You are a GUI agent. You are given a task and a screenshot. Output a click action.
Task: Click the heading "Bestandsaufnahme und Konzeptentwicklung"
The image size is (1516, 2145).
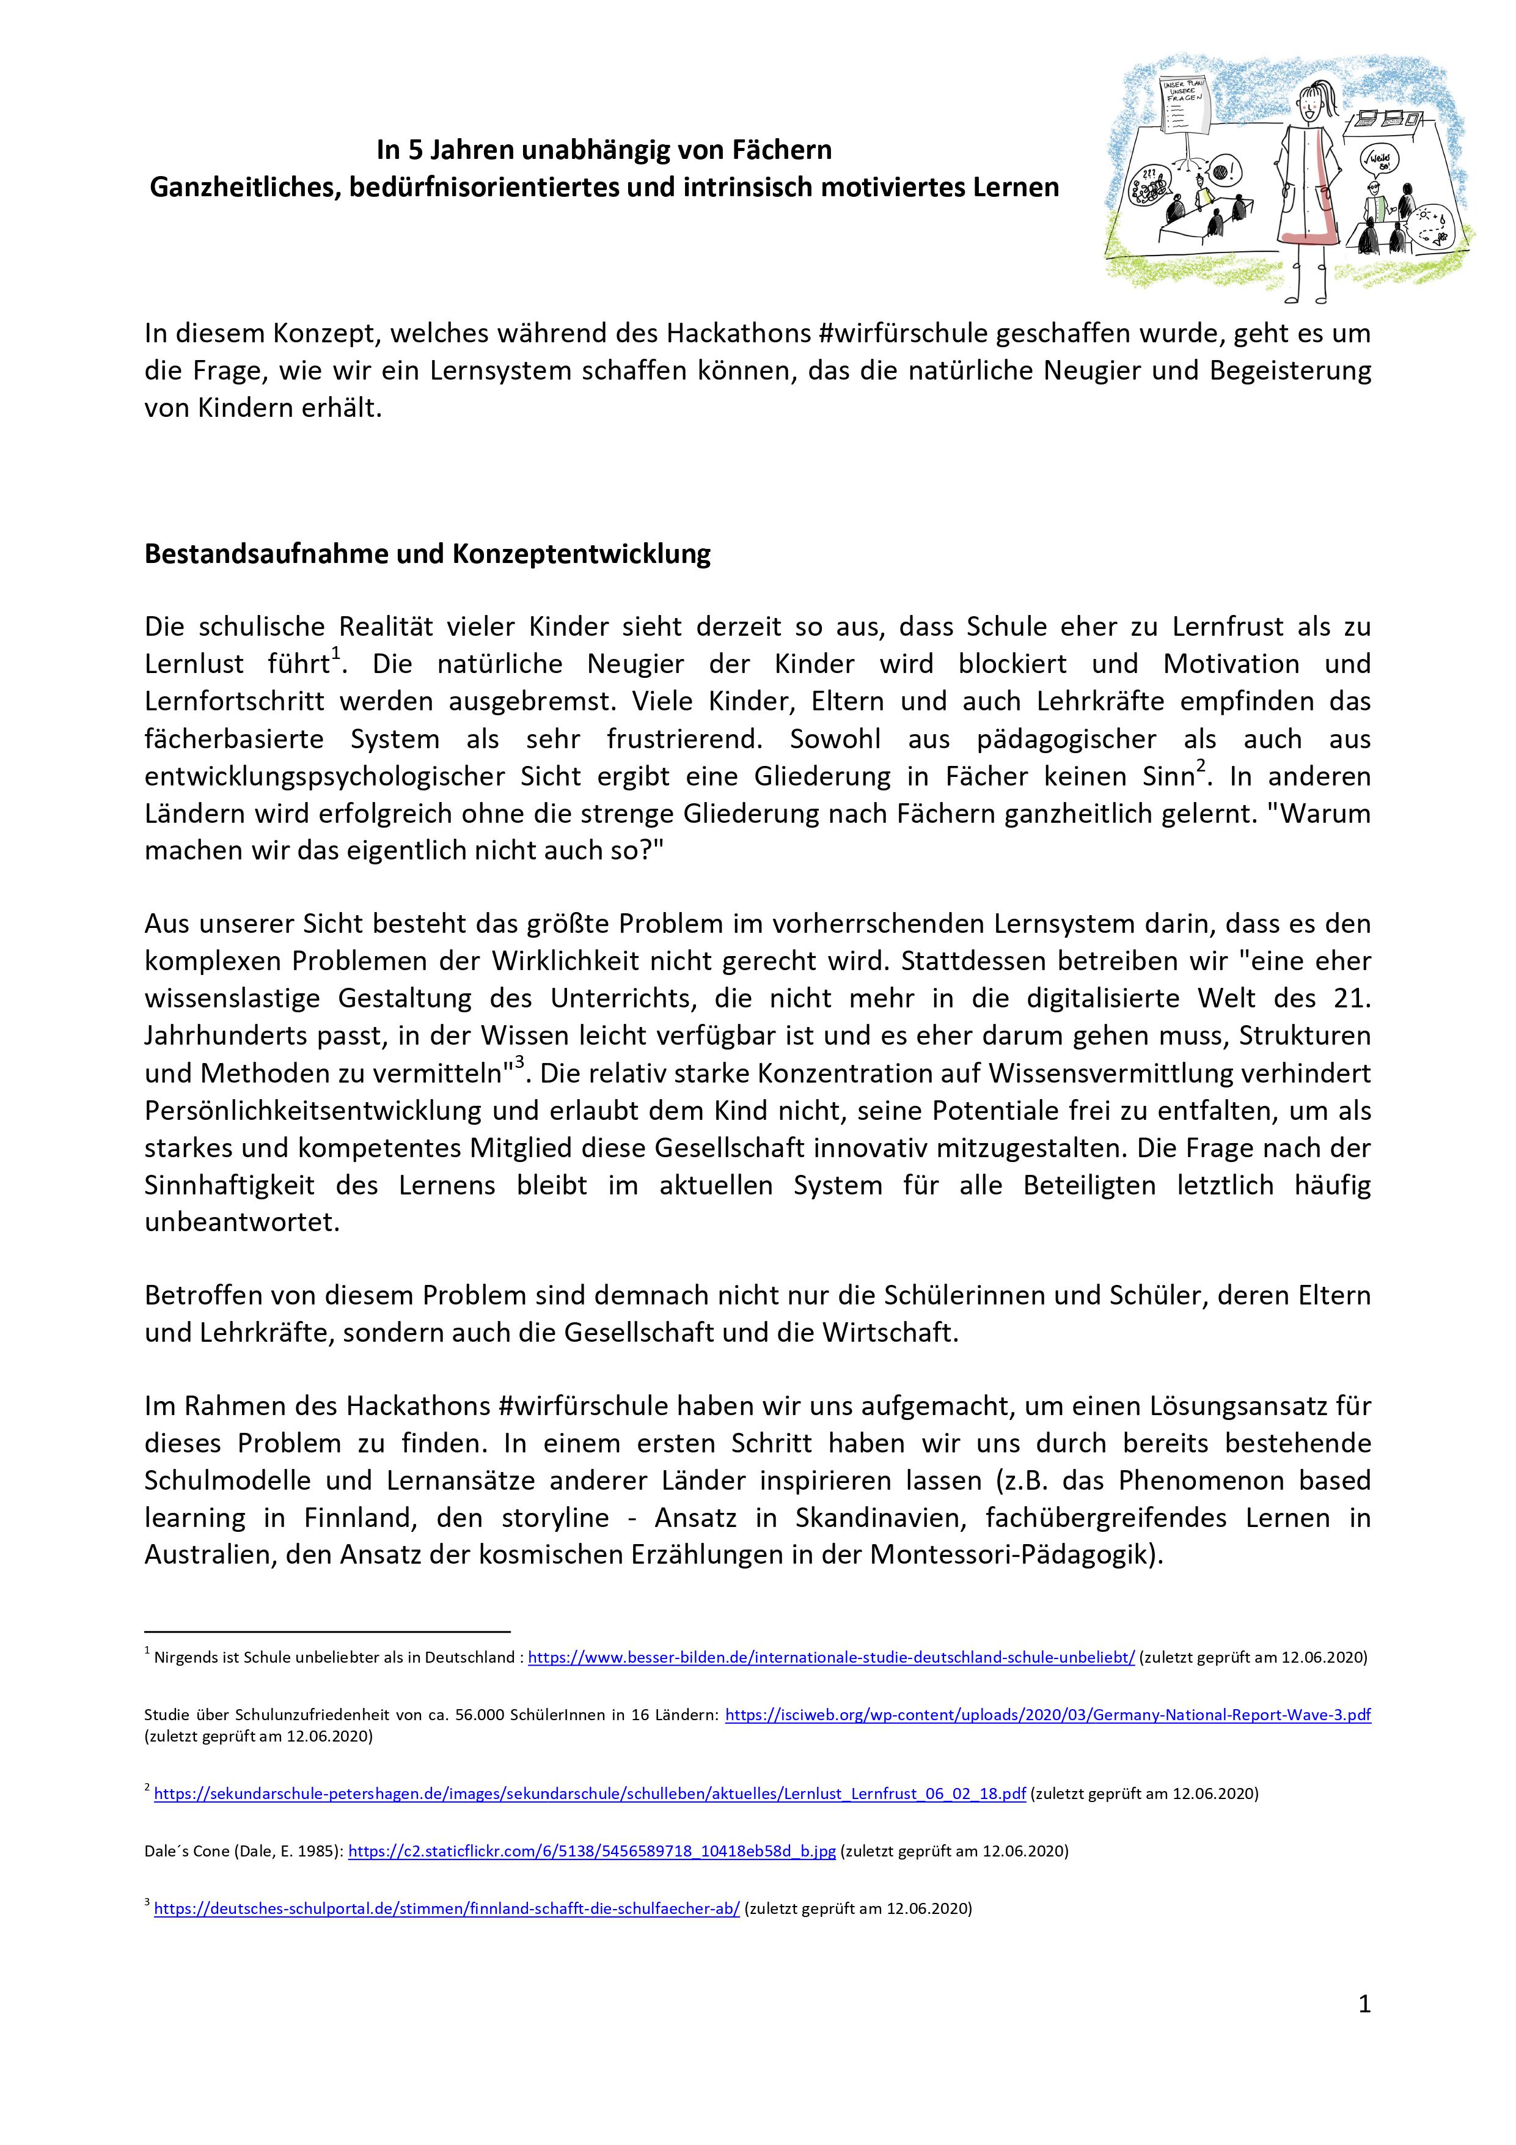click(427, 554)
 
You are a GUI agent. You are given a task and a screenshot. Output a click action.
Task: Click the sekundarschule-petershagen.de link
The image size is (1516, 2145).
click(590, 1794)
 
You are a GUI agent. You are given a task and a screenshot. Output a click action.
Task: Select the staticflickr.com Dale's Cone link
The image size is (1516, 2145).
click(591, 1851)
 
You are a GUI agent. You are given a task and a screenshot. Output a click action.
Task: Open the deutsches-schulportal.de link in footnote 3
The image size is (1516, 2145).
click(447, 1908)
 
